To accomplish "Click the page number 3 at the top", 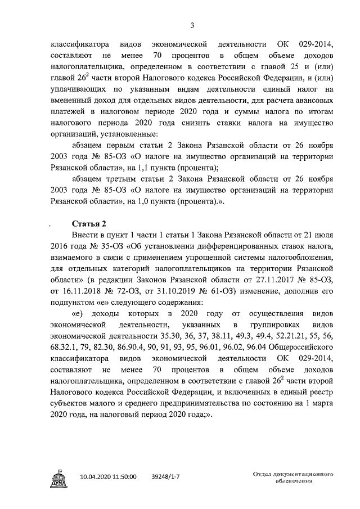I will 192,25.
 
